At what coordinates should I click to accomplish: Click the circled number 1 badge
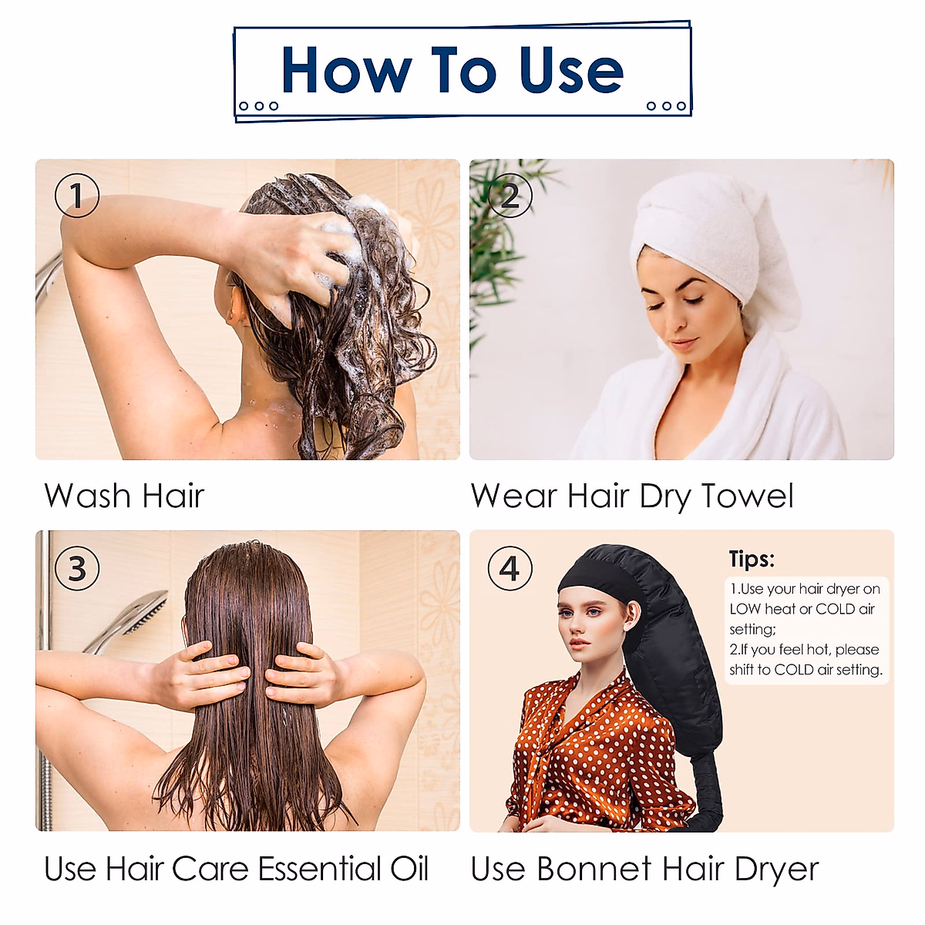77,196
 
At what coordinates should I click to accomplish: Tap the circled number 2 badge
510,196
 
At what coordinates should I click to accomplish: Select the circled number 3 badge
77,569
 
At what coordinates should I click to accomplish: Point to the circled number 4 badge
510,569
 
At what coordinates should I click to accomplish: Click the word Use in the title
570,71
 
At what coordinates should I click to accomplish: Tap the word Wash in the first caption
87,496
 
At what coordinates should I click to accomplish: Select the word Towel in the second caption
747,496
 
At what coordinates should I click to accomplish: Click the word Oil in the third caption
409,869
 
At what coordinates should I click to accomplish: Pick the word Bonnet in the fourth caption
594,869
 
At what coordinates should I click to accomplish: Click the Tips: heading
752,559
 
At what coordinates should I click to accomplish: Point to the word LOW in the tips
745,609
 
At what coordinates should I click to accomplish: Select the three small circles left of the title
258,106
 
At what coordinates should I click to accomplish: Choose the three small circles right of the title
666,106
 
